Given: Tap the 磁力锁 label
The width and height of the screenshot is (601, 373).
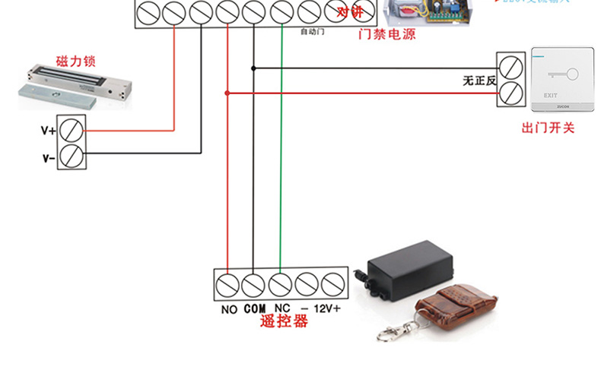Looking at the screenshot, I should point(75,61).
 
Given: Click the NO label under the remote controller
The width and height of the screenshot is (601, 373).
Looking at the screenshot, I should point(229,309).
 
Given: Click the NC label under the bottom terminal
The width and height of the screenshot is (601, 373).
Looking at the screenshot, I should point(281,309).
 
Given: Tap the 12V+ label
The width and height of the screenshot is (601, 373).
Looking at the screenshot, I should point(327,309).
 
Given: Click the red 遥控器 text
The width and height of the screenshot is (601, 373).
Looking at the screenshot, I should point(283,322).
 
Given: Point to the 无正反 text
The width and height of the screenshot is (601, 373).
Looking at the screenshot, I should point(479,79).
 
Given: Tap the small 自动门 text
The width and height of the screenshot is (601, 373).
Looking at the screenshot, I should point(313,32).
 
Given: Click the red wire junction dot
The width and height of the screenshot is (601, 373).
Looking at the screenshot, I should point(227,93).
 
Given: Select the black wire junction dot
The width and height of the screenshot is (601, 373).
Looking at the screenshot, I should point(253,68).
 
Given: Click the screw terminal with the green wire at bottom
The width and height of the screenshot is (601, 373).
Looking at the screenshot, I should point(280,285).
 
